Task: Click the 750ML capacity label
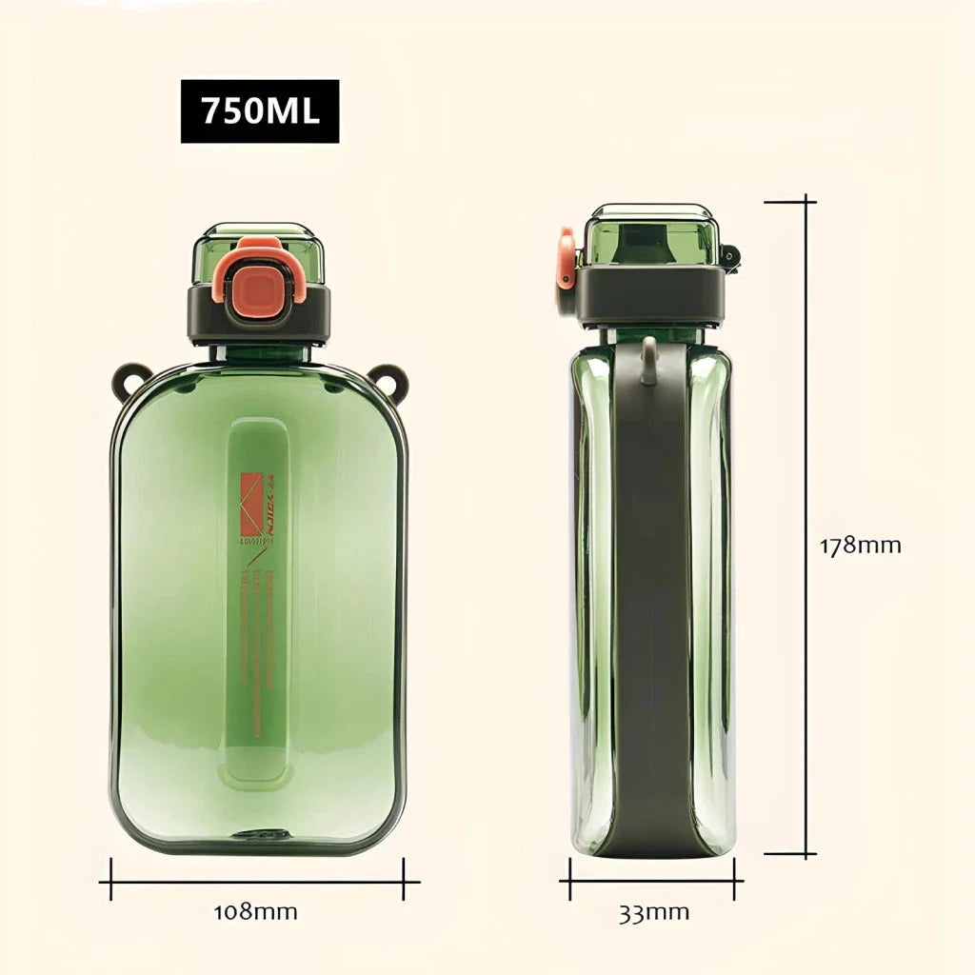(260, 111)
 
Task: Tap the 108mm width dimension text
(255, 911)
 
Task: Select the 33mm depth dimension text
(654, 913)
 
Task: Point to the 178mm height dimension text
(860, 546)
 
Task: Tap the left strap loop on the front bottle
(130, 379)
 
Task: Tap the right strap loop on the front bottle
(389, 379)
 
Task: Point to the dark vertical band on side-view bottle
(651, 600)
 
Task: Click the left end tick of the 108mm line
(111, 879)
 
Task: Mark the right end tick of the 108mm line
(405, 879)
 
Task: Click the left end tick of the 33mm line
(570, 879)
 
